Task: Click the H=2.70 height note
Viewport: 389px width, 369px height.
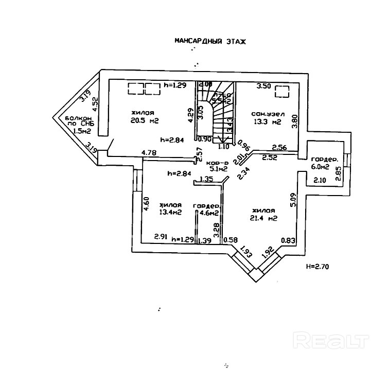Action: pyautogui.click(x=317, y=267)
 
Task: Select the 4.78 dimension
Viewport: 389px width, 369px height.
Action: pyautogui.click(x=149, y=152)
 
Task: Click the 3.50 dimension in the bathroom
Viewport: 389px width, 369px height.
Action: pyautogui.click(x=264, y=85)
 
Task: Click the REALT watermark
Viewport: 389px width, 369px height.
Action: pyautogui.click(x=331, y=340)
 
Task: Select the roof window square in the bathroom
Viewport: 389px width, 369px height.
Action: pyautogui.click(x=282, y=92)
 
